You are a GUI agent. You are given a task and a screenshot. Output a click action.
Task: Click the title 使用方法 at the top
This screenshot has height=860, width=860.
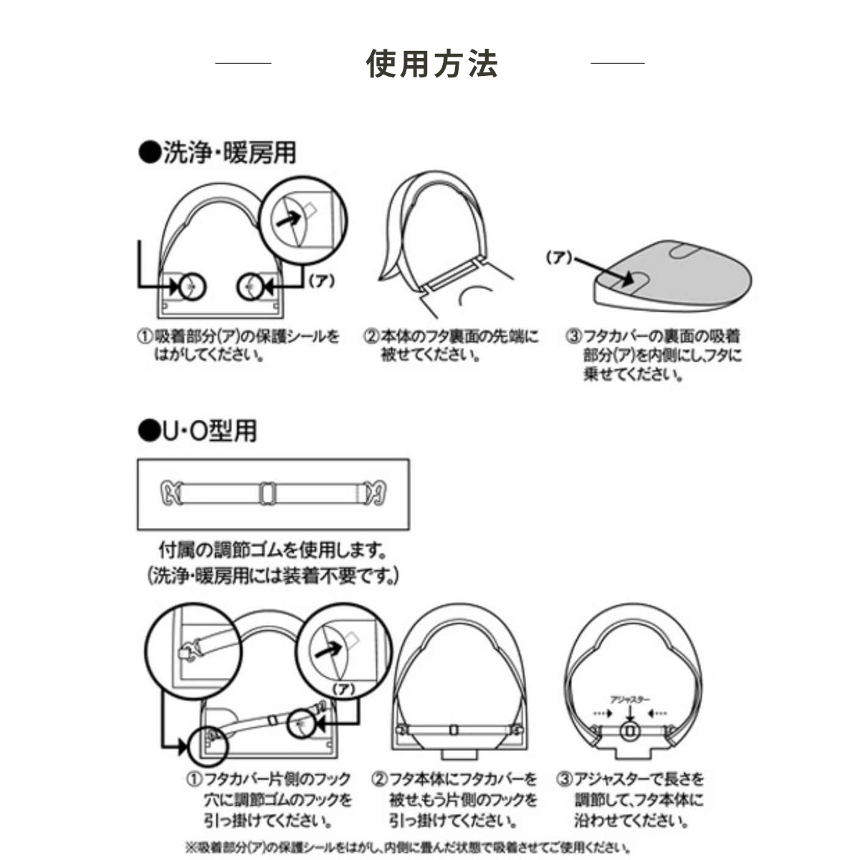431,63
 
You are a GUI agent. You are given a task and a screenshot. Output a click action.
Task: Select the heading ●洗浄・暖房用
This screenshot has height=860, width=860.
217,153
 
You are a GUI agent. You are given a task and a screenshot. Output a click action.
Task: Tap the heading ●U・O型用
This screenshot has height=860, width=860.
197,430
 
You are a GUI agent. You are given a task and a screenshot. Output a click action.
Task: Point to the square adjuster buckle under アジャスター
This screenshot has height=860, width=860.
630,731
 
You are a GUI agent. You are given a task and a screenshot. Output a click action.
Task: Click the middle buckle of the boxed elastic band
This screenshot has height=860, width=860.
267,493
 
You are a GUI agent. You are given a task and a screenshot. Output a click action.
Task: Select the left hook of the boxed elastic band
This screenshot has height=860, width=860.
169,493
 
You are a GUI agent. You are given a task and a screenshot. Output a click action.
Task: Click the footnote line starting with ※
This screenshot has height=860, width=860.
408,847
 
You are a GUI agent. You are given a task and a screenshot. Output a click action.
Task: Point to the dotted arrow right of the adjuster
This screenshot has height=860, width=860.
659,714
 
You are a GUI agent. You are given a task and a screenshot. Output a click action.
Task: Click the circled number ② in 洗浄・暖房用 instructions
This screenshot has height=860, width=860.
371,336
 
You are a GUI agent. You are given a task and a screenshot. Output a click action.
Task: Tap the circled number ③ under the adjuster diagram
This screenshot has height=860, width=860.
564,779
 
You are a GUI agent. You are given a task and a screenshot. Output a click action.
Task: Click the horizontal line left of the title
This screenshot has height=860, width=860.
243,63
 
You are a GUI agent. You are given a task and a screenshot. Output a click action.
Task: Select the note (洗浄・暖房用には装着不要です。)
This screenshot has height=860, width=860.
272,575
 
